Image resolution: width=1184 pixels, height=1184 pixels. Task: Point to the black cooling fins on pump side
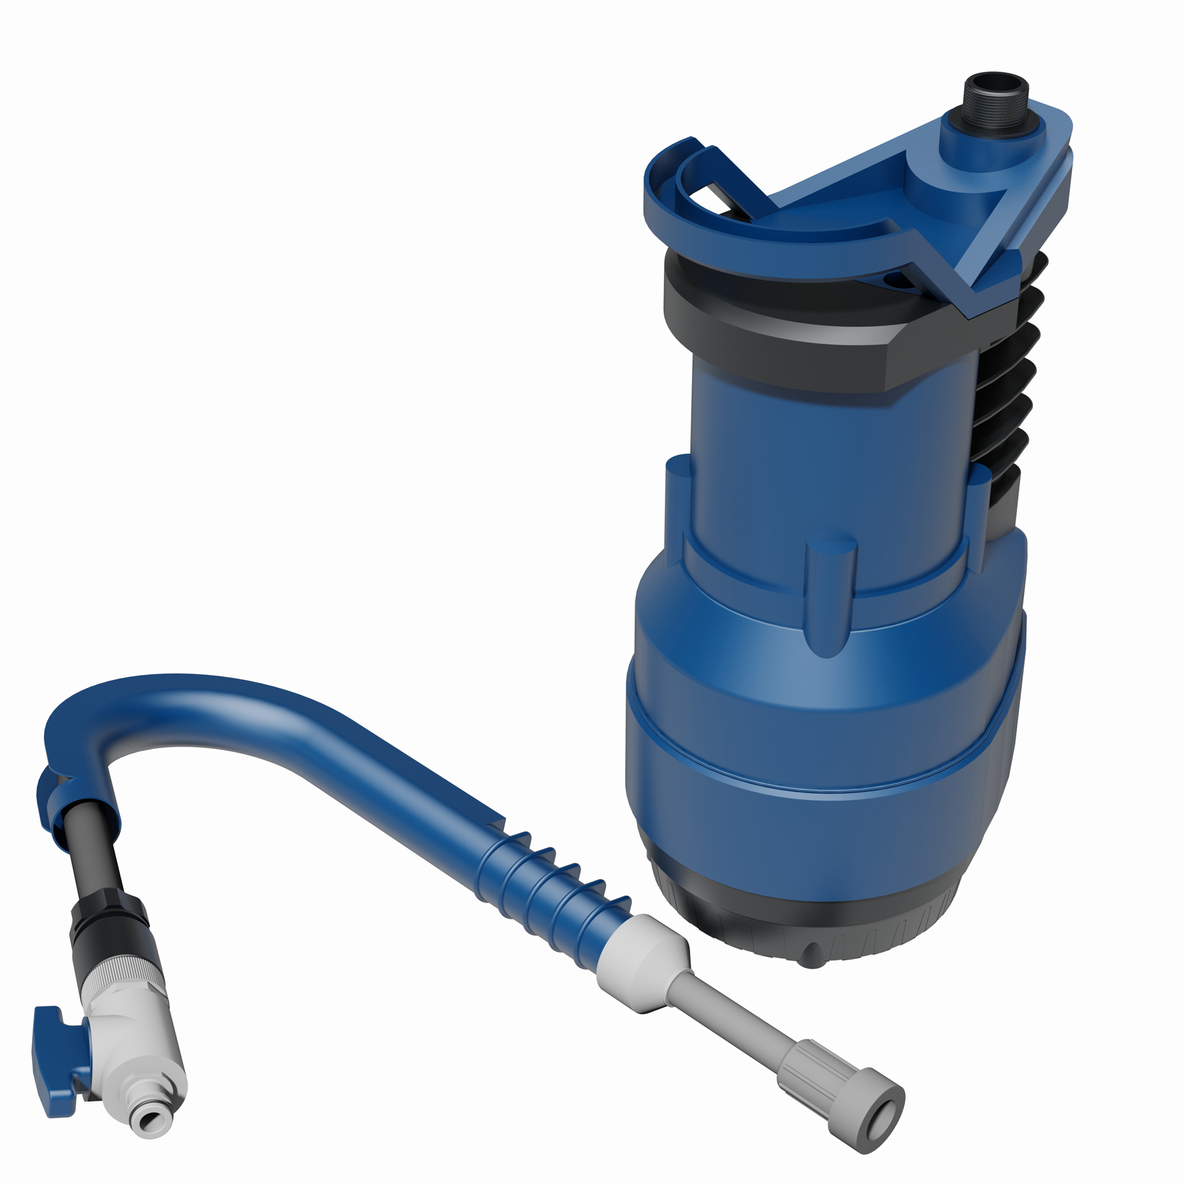tap(1005, 392)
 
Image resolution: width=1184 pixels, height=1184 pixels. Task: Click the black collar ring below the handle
tap(778, 343)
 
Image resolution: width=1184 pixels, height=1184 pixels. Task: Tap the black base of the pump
tap(797, 919)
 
